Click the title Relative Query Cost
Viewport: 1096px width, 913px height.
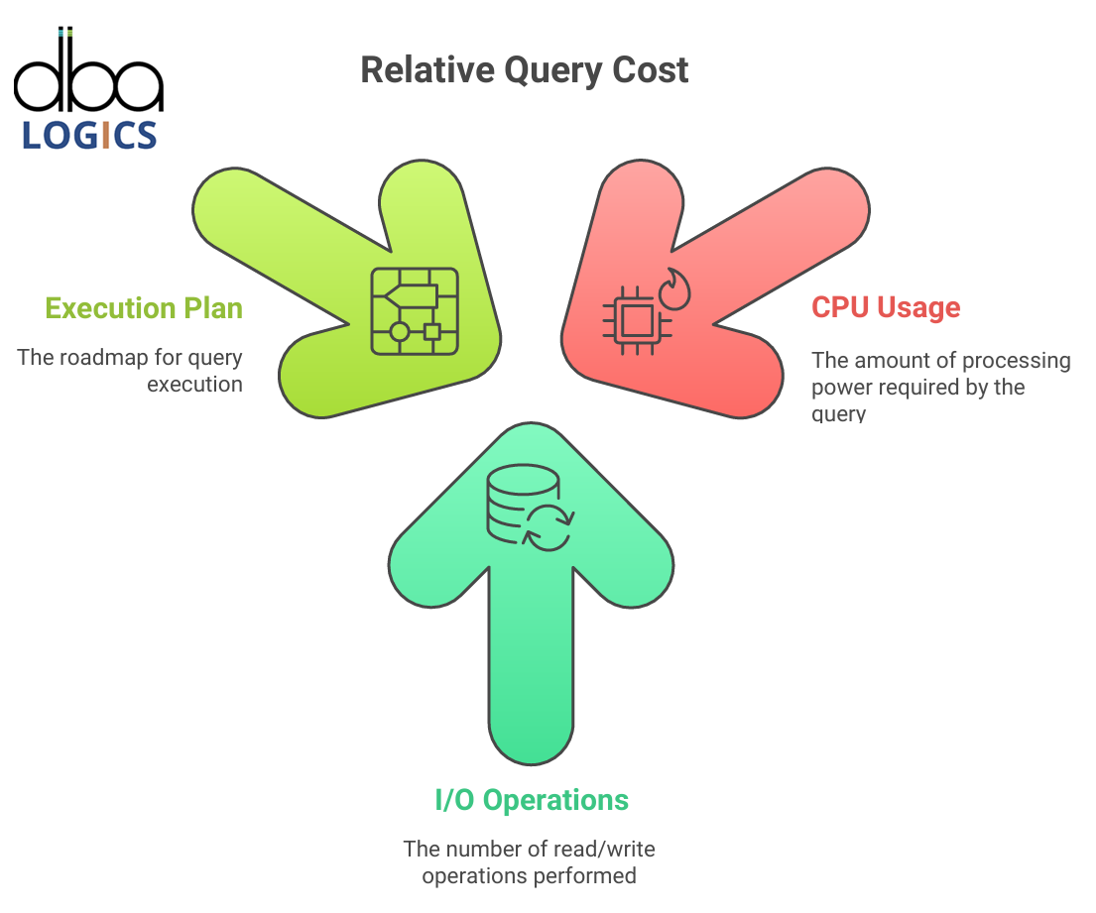pos(525,70)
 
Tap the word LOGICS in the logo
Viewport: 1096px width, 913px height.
pos(89,135)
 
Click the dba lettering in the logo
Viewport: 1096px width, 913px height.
pos(88,69)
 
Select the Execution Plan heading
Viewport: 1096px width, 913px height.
pos(144,308)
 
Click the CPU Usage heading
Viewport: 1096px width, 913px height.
pos(887,307)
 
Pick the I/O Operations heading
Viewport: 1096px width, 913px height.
pos(532,800)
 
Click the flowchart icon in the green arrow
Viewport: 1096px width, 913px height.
pos(415,311)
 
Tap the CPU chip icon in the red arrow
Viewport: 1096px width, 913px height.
pos(637,320)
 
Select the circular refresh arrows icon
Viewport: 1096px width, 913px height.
pos(549,527)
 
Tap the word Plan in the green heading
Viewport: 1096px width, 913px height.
pos(213,308)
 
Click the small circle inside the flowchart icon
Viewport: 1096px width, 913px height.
pos(400,331)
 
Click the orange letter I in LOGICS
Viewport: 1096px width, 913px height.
pos(106,135)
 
